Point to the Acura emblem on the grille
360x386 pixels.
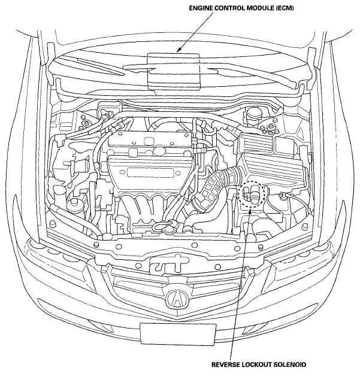pyautogui.click(x=177, y=299)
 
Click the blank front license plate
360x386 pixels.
pyautogui.click(x=178, y=335)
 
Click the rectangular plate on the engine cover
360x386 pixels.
pyautogui.click(x=150, y=172)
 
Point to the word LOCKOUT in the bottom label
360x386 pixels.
pyautogui.click(x=255, y=364)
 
